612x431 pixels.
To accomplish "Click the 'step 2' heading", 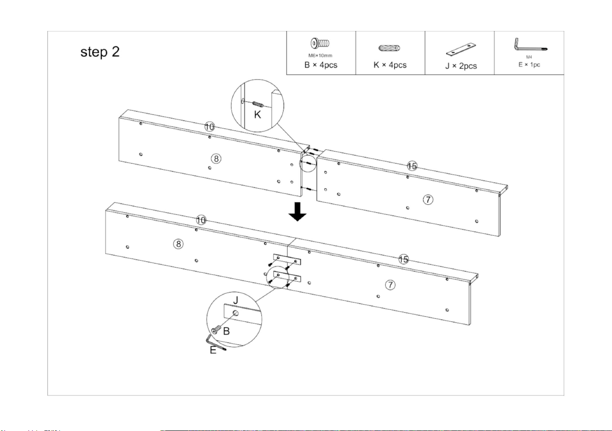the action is [x=100, y=52].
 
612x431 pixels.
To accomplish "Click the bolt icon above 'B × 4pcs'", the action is [x=320, y=43].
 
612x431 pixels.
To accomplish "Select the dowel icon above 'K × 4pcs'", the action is [x=389, y=48].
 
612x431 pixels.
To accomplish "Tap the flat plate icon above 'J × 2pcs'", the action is [x=461, y=49].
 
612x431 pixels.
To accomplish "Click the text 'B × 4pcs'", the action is [x=321, y=65].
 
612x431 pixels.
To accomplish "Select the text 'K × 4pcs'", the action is [x=390, y=65].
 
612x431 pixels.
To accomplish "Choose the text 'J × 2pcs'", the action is [x=461, y=66].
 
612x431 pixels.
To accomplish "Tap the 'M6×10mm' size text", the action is [x=320, y=55].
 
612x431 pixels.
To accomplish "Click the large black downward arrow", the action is [x=297, y=211].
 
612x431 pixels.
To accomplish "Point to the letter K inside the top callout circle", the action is [x=257, y=114].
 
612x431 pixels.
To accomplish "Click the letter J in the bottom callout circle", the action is [x=236, y=300].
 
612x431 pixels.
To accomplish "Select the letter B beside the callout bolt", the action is [x=226, y=331].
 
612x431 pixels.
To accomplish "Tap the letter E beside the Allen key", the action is [x=213, y=350].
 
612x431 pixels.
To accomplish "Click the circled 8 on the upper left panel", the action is [x=216, y=159].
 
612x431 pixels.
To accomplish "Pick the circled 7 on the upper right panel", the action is [x=428, y=200].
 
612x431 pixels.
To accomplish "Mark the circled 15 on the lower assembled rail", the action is [x=403, y=259].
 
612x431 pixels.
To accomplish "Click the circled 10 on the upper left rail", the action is [x=210, y=127].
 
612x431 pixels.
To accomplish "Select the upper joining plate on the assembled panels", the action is [x=287, y=259].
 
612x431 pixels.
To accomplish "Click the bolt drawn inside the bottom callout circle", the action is [x=216, y=330].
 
